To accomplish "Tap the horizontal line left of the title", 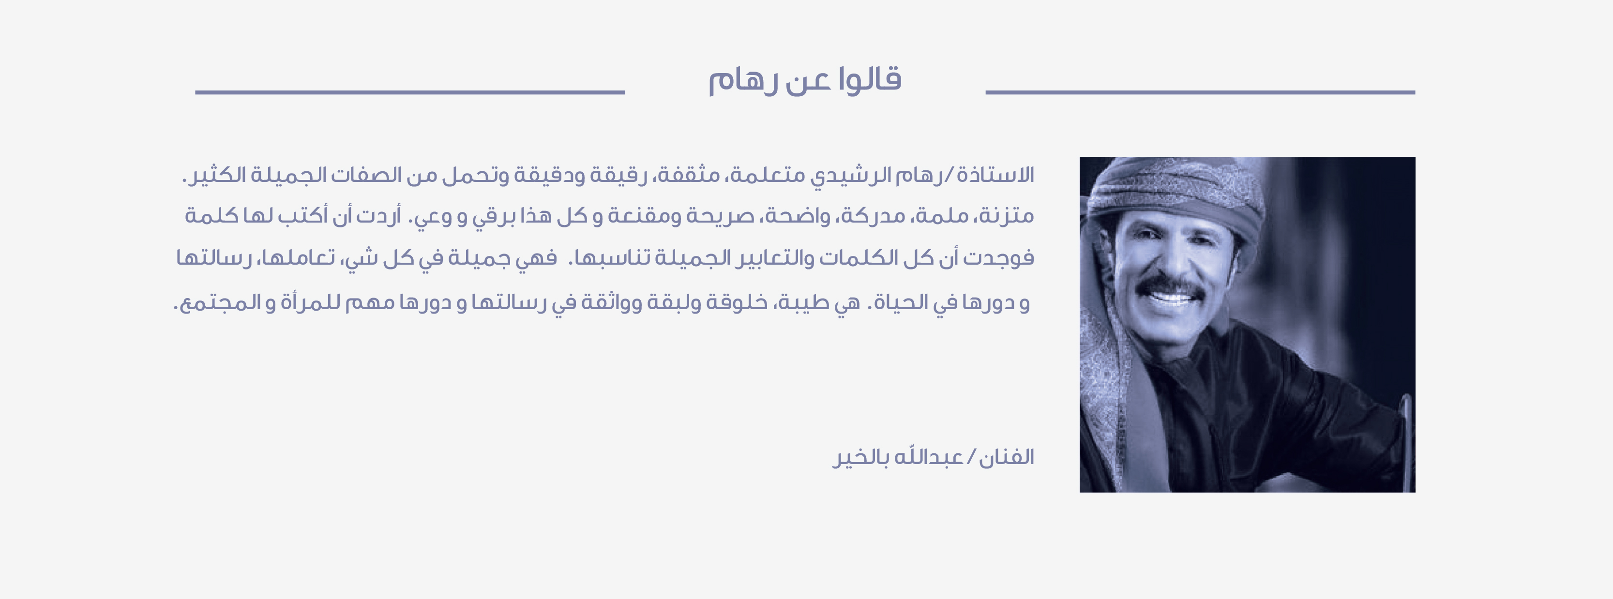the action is click(x=410, y=92).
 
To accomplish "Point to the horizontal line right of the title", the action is click(x=1200, y=92).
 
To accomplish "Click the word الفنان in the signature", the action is click(x=1007, y=457).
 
